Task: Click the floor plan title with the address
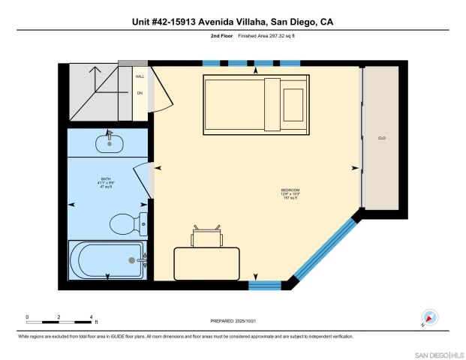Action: [x=233, y=22]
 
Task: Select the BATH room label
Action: [x=106, y=182]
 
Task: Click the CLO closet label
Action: [x=381, y=137]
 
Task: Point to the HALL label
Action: [x=140, y=76]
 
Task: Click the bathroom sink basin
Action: [x=110, y=142]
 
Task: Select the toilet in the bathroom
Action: [x=123, y=223]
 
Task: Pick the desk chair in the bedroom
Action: [x=206, y=236]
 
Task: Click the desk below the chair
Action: [x=206, y=263]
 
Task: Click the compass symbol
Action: [x=429, y=318]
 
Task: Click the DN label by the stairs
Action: [x=140, y=93]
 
